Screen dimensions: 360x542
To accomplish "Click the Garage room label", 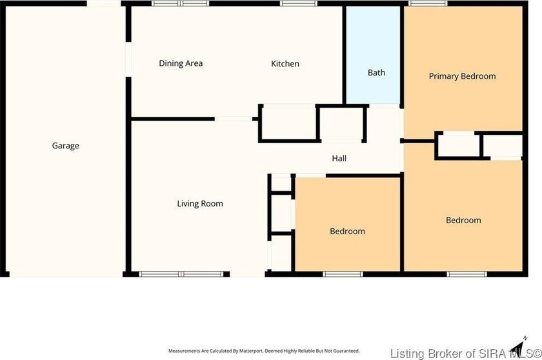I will (x=66, y=146).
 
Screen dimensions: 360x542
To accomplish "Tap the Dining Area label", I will (x=181, y=63).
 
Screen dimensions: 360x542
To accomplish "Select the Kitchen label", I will (x=285, y=63).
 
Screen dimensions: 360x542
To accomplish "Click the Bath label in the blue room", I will (x=376, y=73).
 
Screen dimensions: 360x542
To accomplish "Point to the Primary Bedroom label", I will (x=462, y=76).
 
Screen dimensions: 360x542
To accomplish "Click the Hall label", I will (x=339, y=158).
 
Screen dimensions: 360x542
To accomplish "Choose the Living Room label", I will (x=200, y=204).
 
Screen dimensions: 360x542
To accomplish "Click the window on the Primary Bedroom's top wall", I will (x=428, y=4).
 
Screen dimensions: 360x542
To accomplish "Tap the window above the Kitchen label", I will (x=294, y=4).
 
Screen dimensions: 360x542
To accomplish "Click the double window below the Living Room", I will (x=181, y=274).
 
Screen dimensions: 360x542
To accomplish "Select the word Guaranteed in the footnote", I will (x=346, y=351).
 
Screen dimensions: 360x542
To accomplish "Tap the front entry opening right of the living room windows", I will (x=247, y=274).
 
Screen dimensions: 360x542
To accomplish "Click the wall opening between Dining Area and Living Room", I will (x=234, y=119).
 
